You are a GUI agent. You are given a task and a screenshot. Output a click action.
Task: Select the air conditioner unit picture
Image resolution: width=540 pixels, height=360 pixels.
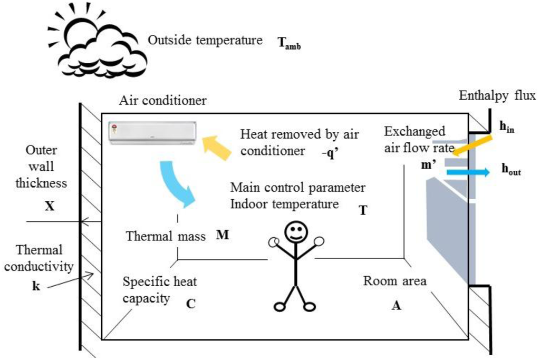[x=152, y=133]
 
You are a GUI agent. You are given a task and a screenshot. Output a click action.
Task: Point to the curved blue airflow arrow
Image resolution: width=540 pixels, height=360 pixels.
[x=177, y=182]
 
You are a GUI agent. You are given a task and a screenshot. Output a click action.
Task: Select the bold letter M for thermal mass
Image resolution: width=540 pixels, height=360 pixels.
[x=223, y=235]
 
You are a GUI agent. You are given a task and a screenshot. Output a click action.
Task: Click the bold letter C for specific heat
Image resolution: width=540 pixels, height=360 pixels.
[x=191, y=303]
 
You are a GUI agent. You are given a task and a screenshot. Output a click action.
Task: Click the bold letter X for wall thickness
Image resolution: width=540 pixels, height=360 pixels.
[x=49, y=207]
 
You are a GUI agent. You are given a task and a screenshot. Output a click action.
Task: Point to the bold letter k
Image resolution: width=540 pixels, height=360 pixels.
[x=36, y=287]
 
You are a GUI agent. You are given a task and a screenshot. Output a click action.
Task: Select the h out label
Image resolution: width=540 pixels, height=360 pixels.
[x=512, y=171]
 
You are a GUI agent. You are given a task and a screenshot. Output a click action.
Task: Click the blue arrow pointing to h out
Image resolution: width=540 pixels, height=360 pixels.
[x=467, y=172]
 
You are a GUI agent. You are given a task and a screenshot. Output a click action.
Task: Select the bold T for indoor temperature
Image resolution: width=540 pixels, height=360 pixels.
[x=363, y=210]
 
